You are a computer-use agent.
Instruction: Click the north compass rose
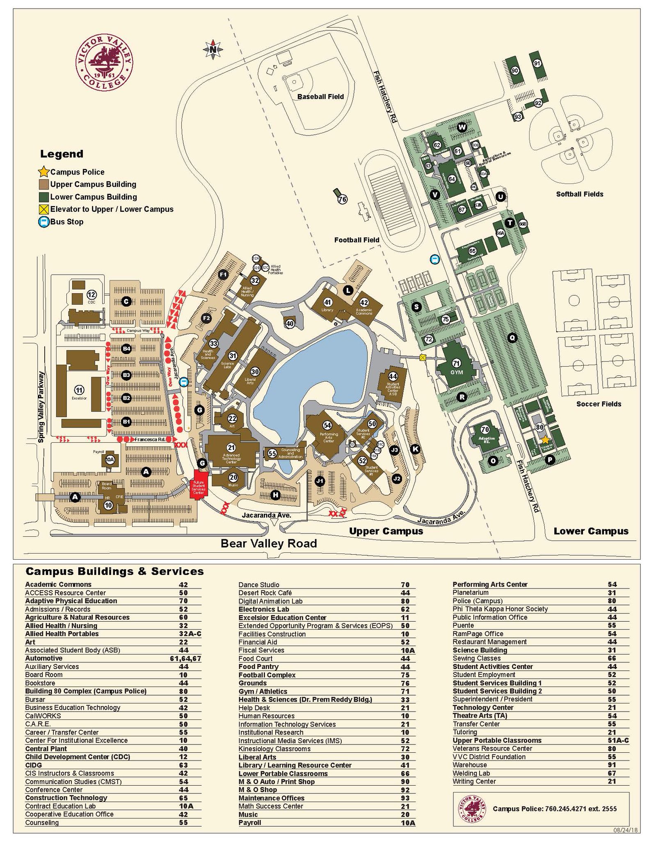point(213,50)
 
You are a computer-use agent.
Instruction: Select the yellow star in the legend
point(43,172)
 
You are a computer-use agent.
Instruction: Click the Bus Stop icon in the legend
point(43,222)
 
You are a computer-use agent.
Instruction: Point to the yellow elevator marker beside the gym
point(423,358)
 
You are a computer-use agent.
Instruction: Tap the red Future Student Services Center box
point(199,489)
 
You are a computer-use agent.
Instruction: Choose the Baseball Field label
point(320,97)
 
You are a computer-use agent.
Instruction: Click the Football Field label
point(356,240)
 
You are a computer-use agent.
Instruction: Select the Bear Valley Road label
point(269,544)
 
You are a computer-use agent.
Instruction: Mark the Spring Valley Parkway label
point(41,407)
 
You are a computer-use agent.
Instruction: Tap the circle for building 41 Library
point(328,302)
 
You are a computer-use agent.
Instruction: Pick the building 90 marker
point(515,71)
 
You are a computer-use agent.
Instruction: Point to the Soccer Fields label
point(599,404)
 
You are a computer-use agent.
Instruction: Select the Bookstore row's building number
point(183,683)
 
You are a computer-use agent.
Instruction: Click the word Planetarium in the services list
point(471,593)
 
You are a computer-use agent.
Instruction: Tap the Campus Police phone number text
point(555,809)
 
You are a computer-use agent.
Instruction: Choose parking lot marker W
point(462,127)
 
